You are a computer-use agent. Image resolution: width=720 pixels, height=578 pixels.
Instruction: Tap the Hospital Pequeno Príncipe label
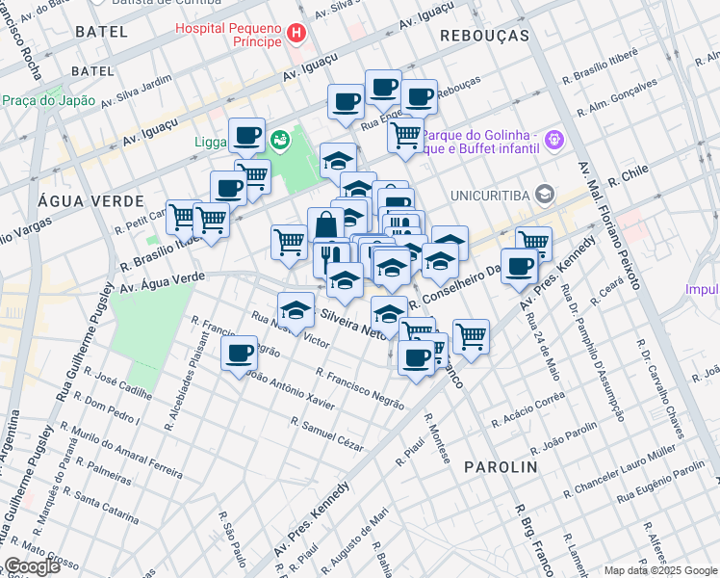click(x=229, y=35)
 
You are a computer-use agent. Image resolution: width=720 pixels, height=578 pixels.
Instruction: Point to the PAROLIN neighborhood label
click(x=501, y=466)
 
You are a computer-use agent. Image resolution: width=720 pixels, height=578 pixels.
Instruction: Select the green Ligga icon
click(x=279, y=142)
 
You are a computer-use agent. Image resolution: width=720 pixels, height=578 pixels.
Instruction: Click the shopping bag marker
click(x=326, y=226)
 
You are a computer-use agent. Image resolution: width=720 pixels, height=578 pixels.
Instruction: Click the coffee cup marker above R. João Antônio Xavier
click(x=240, y=354)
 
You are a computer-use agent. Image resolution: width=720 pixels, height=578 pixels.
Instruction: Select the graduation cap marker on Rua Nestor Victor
click(x=296, y=310)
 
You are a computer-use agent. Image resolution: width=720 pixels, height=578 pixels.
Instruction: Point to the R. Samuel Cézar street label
click(x=327, y=433)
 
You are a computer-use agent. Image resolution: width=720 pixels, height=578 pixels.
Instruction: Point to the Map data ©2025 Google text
click(x=660, y=570)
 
